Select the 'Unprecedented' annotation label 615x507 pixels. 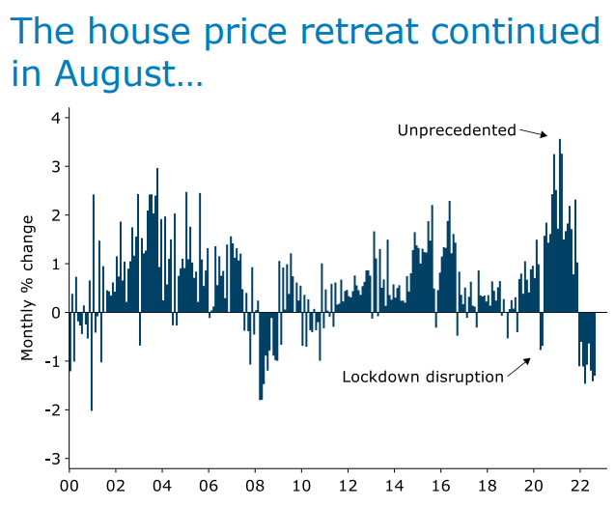(x=457, y=129)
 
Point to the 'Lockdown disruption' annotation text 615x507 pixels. (x=423, y=377)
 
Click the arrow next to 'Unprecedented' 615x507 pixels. (x=533, y=133)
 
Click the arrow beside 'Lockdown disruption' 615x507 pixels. (x=518, y=367)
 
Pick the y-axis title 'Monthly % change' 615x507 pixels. (x=28, y=287)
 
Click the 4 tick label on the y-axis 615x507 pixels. (x=56, y=118)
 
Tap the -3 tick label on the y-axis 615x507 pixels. (x=53, y=458)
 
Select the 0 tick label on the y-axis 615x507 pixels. (x=56, y=312)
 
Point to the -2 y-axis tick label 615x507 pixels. (x=53, y=409)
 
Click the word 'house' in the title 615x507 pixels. (x=123, y=32)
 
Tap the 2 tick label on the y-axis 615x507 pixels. (x=56, y=214)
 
